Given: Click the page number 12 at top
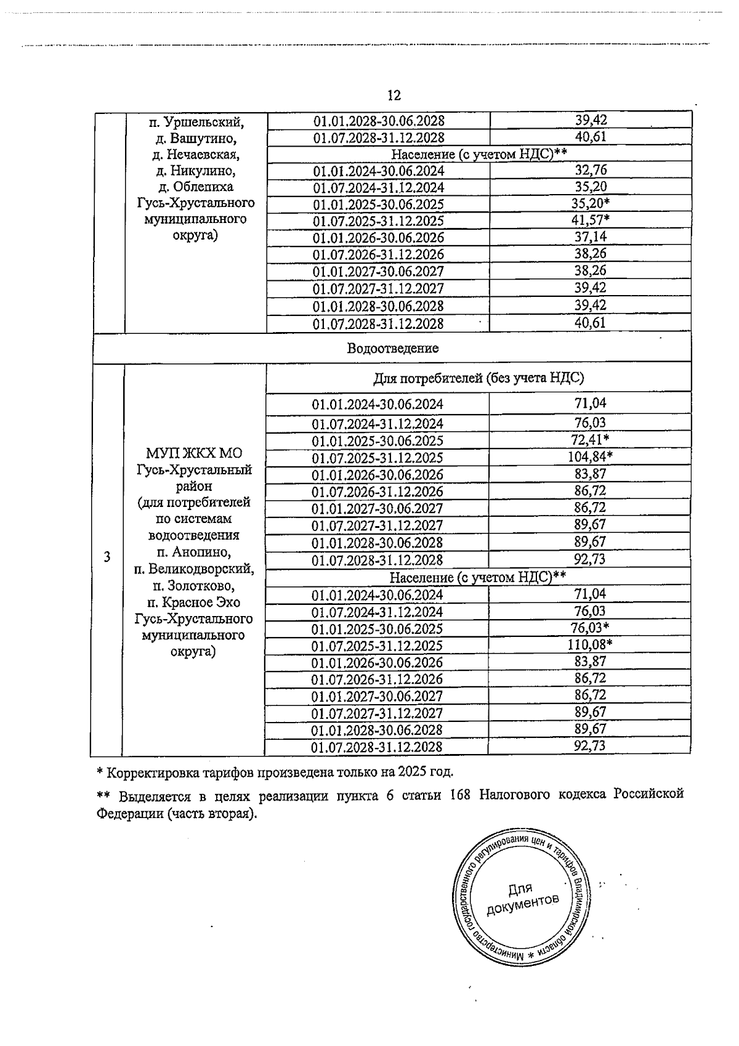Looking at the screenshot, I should click(394, 95).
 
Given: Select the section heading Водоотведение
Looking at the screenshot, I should click(393, 349).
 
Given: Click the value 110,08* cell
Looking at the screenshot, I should click(590, 644).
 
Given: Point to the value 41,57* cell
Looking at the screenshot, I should click(591, 221).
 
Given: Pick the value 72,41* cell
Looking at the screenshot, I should click(590, 439).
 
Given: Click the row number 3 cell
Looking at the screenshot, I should click(107, 557).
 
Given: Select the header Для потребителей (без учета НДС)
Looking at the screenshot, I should click(479, 378).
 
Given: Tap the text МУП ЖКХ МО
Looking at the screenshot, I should click(194, 453).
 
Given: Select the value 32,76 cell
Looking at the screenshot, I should click(591, 171).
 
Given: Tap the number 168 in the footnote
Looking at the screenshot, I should click(460, 795).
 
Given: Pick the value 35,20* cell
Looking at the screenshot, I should click(591, 204).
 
